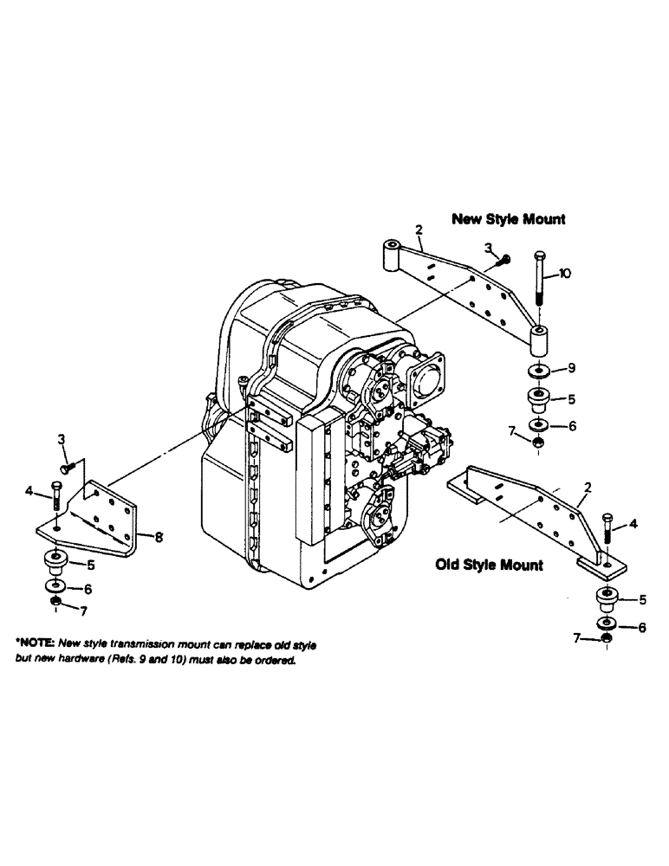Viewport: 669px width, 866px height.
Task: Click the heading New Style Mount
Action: click(508, 219)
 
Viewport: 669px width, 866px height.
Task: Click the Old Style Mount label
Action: click(489, 565)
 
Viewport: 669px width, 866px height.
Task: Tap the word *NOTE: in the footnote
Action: click(36, 645)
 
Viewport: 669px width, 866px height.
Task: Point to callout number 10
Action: click(564, 274)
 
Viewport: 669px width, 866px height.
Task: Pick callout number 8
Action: click(159, 536)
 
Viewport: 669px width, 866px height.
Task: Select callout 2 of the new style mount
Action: click(419, 229)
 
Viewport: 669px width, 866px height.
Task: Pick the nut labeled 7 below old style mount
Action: click(607, 639)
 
